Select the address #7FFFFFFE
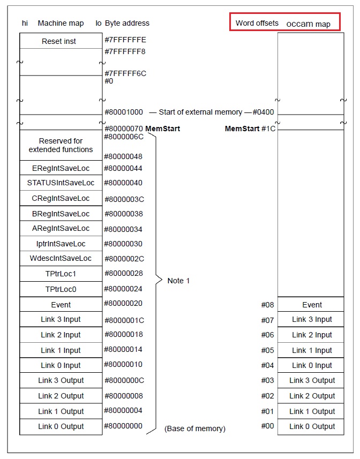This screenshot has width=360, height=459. click(x=125, y=40)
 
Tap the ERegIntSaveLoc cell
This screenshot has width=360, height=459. click(x=61, y=168)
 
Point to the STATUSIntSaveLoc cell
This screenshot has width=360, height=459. click(x=61, y=183)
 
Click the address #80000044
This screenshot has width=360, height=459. click(x=124, y=168)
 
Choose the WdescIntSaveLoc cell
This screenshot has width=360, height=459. click(x=61, y=258)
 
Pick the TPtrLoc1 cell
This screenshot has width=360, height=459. click(x=61, y=274)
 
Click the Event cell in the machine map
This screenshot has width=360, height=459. click(x=61, y=305)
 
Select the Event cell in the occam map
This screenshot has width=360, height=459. click(x=312, y=305)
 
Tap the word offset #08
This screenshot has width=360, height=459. click(x=267, y=305)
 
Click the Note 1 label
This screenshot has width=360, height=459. click(x=178, y=281)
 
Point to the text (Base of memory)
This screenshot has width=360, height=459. click(x=194, y=428)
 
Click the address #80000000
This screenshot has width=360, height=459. click(x=124, y=426)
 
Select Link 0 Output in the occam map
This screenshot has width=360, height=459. click(x=312, y=426)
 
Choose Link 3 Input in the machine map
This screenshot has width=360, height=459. click(x=61, y=319)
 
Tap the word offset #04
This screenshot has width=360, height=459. click(x=267, y=365)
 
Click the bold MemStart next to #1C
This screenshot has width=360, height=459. click(x=242, y=129)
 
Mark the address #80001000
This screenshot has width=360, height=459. click(x=124, y=112)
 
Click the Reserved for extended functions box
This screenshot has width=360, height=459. click(x=61, y=145)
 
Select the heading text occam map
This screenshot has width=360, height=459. click(x=308, y=24)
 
